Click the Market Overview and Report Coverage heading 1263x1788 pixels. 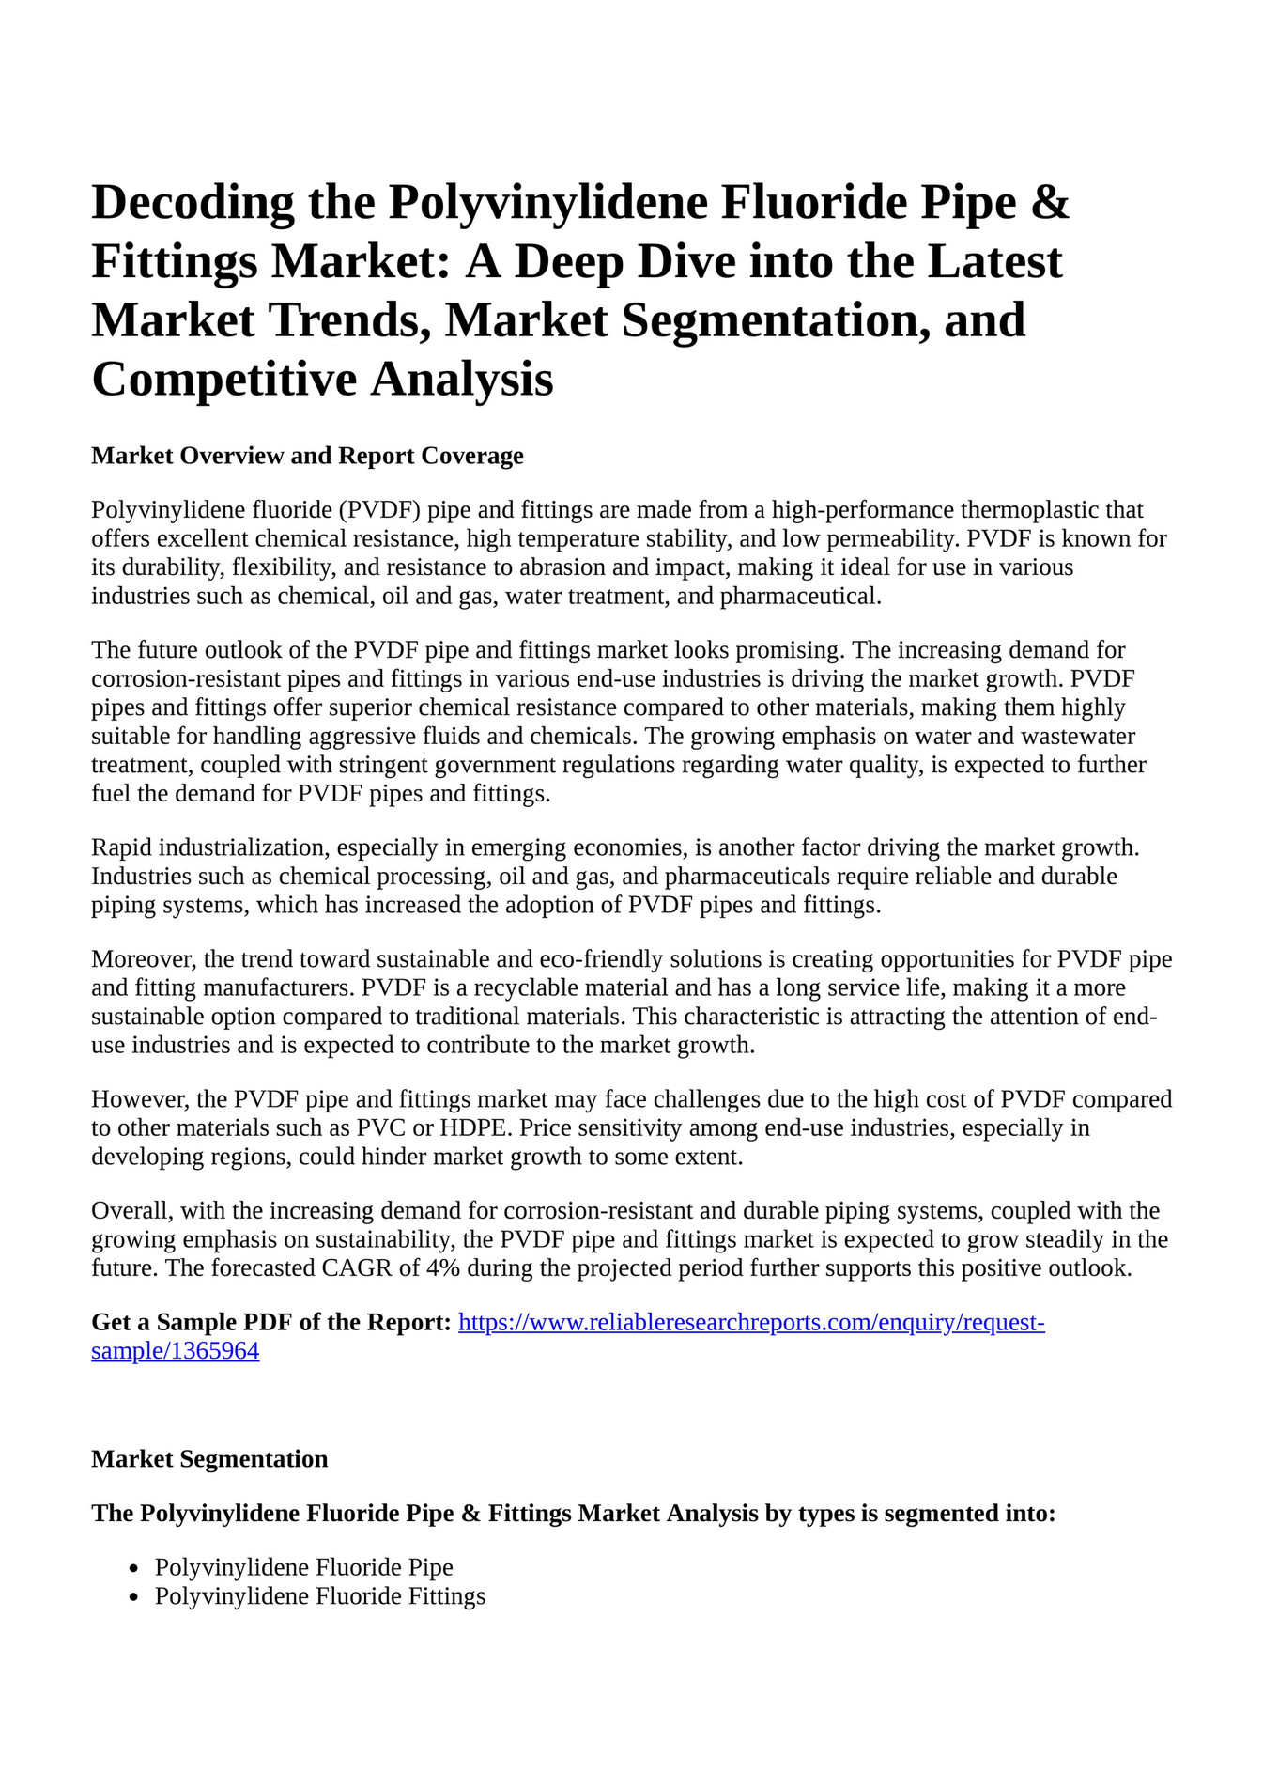click(307, 456)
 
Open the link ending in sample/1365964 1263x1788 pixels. click(175, 1351)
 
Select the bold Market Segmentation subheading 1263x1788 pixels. click(209, 1458)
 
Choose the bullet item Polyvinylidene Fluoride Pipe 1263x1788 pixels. click(303, 1567)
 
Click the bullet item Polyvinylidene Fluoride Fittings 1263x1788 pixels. click(319, 1595)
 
